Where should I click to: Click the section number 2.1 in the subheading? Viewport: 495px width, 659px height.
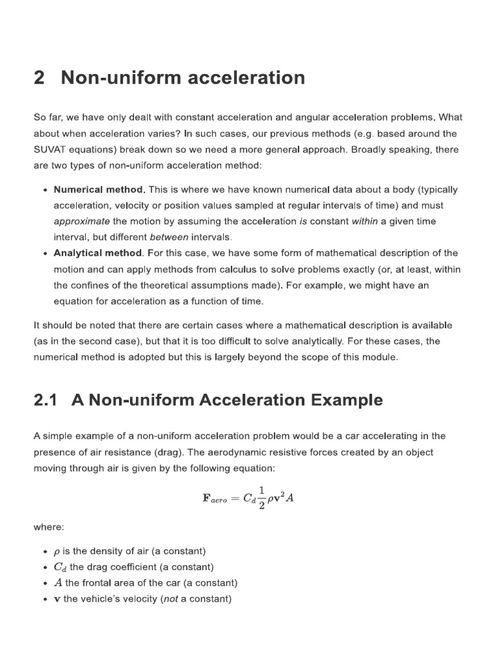46,400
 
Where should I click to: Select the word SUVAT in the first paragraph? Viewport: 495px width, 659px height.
51,149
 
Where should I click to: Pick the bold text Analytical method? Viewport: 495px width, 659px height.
97,253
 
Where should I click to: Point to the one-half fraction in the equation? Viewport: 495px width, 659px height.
262,497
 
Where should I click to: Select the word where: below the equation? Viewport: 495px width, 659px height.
49,527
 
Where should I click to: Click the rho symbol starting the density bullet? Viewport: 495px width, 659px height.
57,552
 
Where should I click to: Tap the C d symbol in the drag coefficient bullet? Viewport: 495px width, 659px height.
60,567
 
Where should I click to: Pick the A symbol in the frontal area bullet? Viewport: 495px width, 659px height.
58,583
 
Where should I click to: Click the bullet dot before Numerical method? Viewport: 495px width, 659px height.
44,190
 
